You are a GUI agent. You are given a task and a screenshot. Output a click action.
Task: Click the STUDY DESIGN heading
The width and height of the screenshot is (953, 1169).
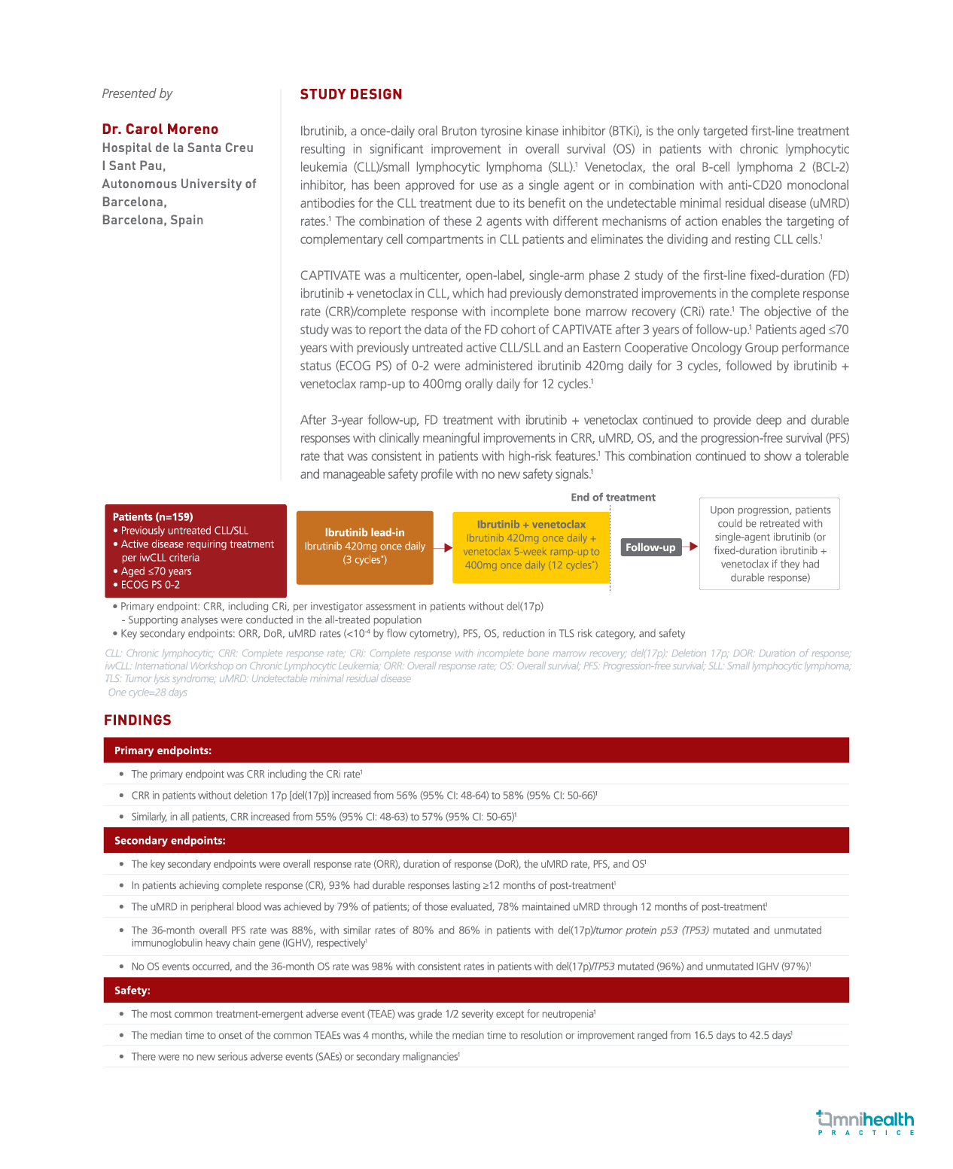coord(351,94)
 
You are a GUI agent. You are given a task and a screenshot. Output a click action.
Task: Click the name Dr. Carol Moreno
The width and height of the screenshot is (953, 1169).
coord(160,129)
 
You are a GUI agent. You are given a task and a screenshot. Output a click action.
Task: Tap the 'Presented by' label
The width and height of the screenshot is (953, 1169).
coord(137,93)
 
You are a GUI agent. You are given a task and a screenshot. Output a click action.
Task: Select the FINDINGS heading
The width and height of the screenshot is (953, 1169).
coord(138,720)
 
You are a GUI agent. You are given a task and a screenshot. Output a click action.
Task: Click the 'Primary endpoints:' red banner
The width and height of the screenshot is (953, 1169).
coord(476,750)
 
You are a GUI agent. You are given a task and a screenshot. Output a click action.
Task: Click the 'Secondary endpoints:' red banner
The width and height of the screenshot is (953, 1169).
coord(476,840)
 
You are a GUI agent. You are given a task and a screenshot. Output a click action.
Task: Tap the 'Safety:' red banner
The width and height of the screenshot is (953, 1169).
coord(476,991)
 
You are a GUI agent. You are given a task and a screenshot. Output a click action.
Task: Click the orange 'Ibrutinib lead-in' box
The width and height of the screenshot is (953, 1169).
coord(364,547)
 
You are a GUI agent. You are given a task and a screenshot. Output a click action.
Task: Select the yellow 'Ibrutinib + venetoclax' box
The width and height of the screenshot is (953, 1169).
coord(531,547)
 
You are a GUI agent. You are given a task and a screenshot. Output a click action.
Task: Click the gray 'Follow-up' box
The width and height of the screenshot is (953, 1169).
coord(650,547)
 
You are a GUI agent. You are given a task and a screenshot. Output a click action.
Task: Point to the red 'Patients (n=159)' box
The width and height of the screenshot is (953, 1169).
coord(195,550)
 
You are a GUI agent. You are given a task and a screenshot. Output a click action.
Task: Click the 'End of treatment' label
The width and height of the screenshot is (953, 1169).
coord(613,498)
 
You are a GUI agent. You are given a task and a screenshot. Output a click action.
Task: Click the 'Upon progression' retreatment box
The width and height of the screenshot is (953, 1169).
coord(769,543)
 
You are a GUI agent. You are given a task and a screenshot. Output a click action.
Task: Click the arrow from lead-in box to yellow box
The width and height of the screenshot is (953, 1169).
coord(443,547)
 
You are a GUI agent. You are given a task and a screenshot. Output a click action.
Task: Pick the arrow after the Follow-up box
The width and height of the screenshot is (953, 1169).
coord(690,546)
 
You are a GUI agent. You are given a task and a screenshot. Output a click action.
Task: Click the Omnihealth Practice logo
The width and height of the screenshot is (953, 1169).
coord(866,1122)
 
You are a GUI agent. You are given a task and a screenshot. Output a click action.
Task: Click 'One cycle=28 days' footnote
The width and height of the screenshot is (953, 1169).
coord(148,693)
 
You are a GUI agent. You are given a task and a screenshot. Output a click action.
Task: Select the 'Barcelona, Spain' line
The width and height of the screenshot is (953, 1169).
coord(153,220)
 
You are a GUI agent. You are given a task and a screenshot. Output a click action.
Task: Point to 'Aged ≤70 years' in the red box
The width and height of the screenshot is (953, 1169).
coord(156,571)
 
